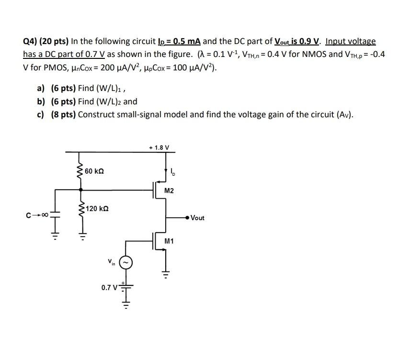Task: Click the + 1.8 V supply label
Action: click(159, 147)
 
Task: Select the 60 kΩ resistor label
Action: click(94, 171)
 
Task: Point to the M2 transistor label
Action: click(169, 191)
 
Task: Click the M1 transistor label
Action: click(169, 241)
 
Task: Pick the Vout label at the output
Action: click(197, 218)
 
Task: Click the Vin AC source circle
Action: click(126, 262)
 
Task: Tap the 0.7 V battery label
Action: click(109, 288)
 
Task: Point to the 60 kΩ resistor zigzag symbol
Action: click(80, 170)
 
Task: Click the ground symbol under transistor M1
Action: click(166, 275)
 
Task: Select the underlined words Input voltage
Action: click(351, 42)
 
